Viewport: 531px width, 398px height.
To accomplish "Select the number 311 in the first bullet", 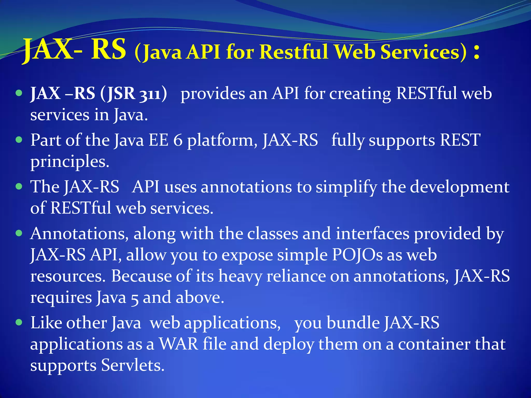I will click(150, 94).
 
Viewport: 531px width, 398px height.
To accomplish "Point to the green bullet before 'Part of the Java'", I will click(19, 140).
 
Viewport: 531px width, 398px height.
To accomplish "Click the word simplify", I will click(346, 187).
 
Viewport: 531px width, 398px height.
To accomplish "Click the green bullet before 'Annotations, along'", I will click(19, 233).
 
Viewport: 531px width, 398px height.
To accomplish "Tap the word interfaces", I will click(372, 233).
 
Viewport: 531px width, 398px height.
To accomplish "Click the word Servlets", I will click(132, 365).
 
